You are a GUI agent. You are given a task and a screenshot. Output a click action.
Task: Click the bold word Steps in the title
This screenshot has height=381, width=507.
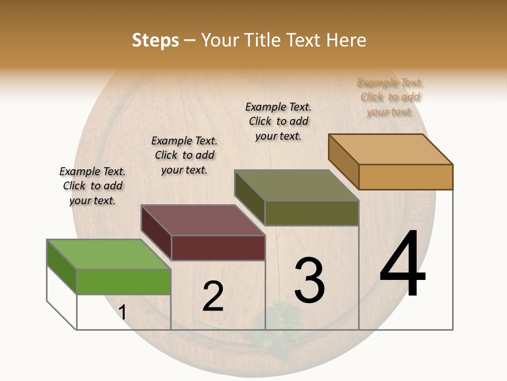[155, 40]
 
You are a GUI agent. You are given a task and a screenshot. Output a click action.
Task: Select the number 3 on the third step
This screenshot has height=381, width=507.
[309, 280]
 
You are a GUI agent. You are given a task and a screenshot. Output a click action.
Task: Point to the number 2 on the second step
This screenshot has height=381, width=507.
[213, 296]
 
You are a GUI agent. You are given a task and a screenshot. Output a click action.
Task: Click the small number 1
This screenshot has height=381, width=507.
[123, 312]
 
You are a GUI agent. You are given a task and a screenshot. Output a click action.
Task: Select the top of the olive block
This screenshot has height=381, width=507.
[297, 185]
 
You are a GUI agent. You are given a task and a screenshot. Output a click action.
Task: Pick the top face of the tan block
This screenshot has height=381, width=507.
[391, 149]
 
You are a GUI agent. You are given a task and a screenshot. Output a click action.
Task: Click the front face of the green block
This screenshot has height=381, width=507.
[124, 282]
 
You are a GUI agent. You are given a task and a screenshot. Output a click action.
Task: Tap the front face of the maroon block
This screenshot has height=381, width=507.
[218, 248]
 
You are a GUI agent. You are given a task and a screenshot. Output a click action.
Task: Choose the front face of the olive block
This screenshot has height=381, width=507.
[312, 213]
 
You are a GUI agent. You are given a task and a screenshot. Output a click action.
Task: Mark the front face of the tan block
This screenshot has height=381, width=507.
[406, 177]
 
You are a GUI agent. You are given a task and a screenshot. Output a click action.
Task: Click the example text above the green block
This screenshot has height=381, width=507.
[92, 186]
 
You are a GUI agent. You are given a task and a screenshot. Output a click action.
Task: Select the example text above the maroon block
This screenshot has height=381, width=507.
[184, 155]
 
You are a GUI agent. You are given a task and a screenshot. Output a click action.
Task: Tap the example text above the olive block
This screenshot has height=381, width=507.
[278, 121]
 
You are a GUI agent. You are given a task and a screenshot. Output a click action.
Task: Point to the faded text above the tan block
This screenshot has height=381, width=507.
[390, 97]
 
